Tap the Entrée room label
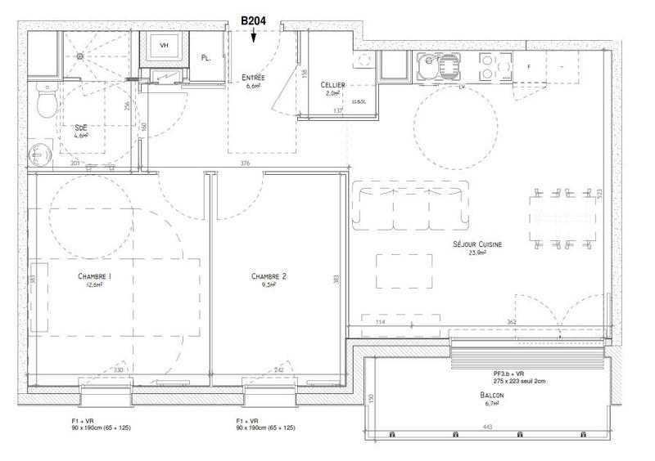pos(254,78)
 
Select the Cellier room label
pos(333,84)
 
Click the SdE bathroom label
pos(82,128)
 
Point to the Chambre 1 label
pos(95,277)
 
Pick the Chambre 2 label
pos(268,277)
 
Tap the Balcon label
pos(493,395)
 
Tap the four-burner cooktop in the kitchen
pos(490,65)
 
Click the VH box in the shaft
pos(164,46)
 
